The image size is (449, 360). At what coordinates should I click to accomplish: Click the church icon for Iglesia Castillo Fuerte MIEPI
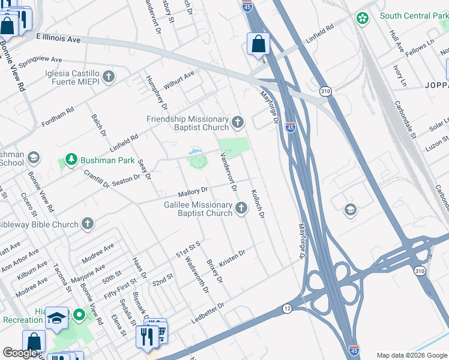(108, 76)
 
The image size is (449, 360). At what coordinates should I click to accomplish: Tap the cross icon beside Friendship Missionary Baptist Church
(238, 123)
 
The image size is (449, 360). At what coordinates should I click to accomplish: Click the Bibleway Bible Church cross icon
(88, 224)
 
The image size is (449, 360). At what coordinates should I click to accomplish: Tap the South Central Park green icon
(362, 19)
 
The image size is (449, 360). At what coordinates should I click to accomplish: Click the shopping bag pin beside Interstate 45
(258, 44)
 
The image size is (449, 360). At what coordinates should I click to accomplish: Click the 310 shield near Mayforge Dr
(325, 91)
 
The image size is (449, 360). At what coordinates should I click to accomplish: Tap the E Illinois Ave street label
(58, 38)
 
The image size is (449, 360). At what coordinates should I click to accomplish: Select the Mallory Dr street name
(193, 193)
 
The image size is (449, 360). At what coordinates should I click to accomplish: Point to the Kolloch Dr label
(258, 203)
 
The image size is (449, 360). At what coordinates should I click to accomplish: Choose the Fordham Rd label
(58, 118)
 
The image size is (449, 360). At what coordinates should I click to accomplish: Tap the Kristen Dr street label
(232, 256)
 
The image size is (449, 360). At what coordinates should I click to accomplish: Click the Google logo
(20, 352)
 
